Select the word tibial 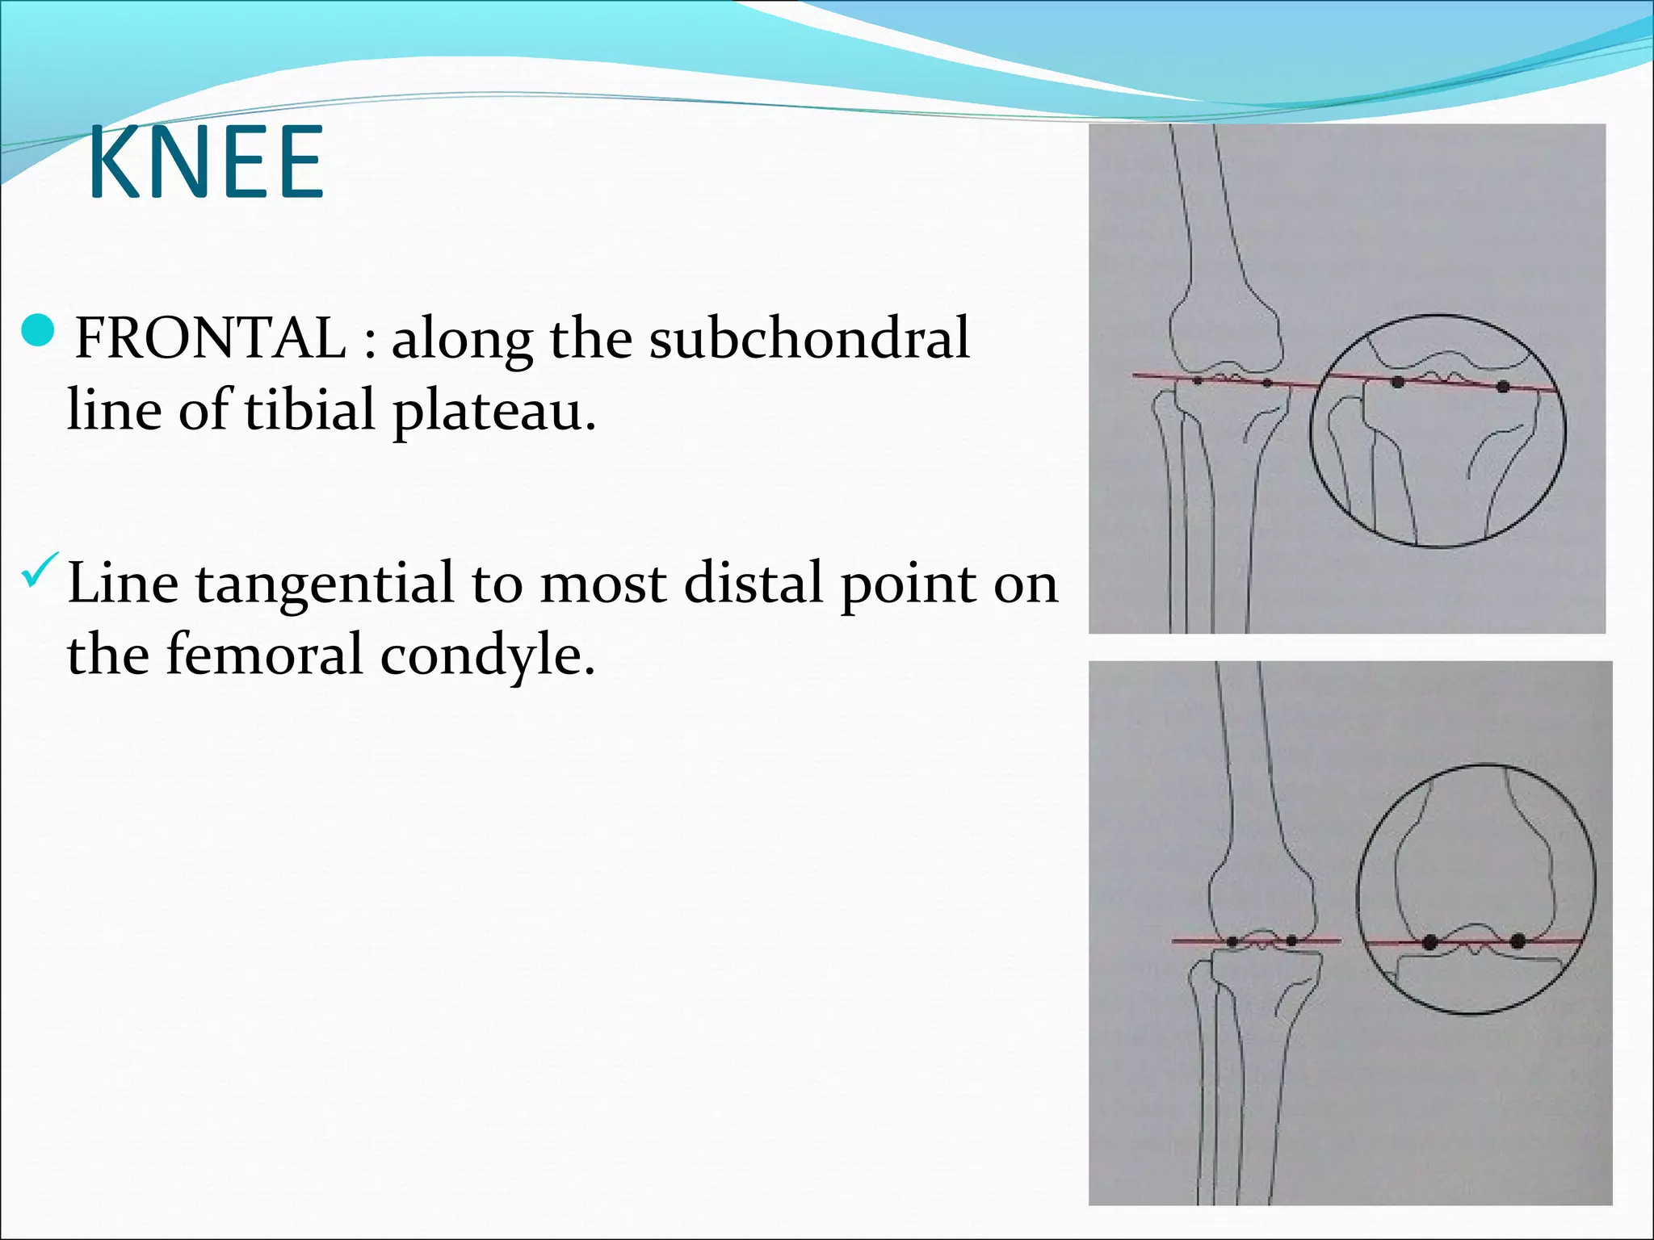[310, 409]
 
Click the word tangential [324, 584]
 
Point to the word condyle [487, 656]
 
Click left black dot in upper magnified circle [1398, 382]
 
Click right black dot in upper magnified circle [1502, 387]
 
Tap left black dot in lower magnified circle [1430, 941]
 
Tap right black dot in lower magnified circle [1518, 941]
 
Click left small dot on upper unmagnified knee [1198, 379]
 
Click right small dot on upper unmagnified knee [1266, 383]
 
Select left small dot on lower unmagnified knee [1232, 941]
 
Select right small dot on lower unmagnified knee [1291, 940]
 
